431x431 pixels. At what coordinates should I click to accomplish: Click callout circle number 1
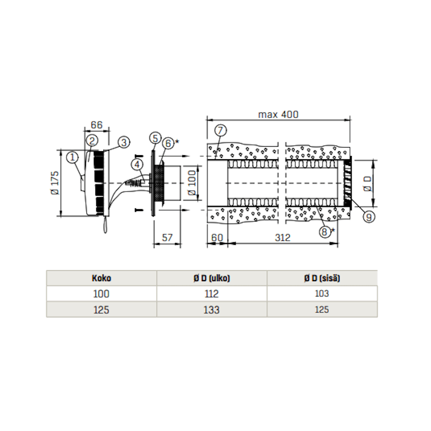[72, 157]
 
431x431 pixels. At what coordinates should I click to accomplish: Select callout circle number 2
[92, 141]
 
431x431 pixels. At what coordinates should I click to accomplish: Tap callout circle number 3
[124, 142]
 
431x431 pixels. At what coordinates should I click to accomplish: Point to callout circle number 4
[137, 165]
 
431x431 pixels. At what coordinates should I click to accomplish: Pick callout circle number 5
[156, 138]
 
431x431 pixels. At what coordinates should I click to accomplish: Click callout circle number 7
[220, 130]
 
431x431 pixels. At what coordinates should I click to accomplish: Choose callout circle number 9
[369, 217]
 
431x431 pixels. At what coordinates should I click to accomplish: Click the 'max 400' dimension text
[278, 114]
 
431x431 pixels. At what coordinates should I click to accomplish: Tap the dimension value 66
[96, 125]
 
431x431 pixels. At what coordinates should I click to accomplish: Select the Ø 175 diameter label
[55, 183]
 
